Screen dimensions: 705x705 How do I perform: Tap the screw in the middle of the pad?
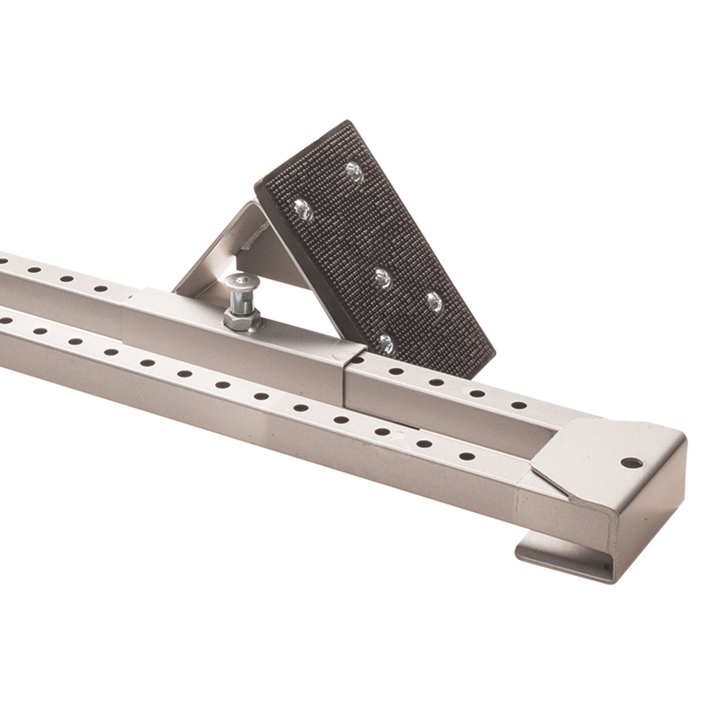click(x=381, y=277)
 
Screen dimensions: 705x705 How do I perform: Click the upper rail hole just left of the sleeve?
click(x=101, y=289)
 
